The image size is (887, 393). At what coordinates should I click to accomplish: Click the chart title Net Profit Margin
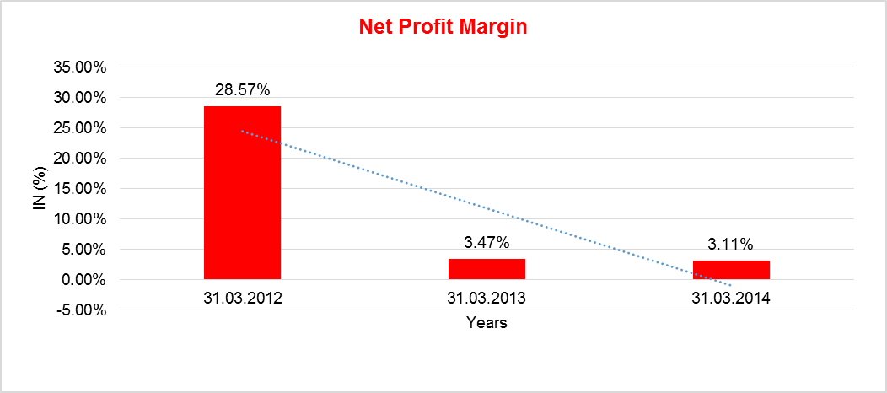click(x=443, y=27)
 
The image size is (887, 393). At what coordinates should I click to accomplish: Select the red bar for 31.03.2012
click(x=242, y=192)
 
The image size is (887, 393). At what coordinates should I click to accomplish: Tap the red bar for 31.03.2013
click(x=487, y=269)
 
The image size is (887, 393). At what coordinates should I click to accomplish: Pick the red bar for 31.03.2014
click(x=731, y=270)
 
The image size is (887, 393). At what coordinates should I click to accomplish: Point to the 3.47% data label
click(x=487, y=243)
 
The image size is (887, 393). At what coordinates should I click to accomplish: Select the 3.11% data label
click(x=731, y=245)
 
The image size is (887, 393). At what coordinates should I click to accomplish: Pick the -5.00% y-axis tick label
click(x=81, y=310)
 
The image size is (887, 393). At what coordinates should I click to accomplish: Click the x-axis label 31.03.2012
click(x=242, y=298)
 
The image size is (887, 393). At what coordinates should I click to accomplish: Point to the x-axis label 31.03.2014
click(x=731, y=298)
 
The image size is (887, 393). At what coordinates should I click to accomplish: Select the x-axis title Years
click(x=487, y=323)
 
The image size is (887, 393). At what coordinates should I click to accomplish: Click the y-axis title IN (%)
click(x=40, y=189)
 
